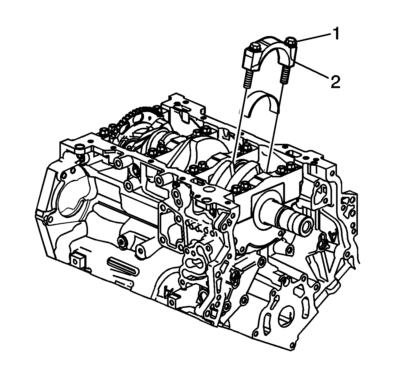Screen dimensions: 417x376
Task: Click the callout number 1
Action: coord(335,34)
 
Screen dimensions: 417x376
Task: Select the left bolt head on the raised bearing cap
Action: coord(254,47)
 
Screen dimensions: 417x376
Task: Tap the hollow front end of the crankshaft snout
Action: coord(306,227)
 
